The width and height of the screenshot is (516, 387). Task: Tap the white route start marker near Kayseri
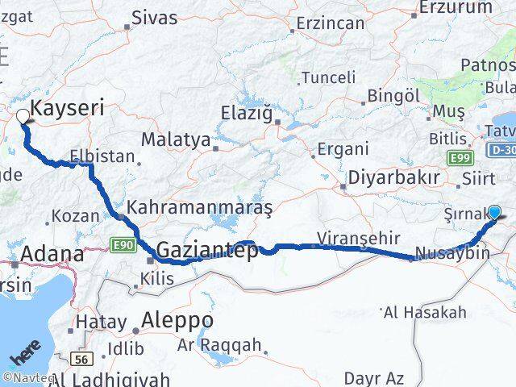pos(23,116)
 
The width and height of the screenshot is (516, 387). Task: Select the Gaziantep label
pos(208,251)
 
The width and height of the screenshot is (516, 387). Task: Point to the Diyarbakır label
pos(394,178)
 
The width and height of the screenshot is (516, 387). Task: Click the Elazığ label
pos(246,113)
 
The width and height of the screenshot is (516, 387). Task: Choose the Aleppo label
pos(177,321)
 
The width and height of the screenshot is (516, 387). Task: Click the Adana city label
pos(52,255)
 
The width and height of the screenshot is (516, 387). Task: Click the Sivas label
pos(154,16)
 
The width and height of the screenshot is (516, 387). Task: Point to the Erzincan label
pos(331,23)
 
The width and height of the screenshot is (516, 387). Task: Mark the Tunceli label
pos(328,77)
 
